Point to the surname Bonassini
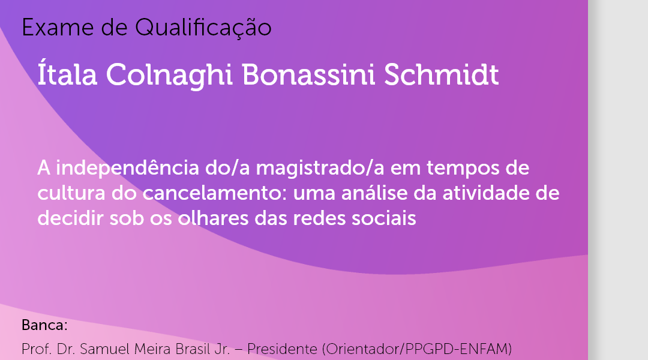click(308, 75)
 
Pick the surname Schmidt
click(442, 75)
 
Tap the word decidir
click(70, 218)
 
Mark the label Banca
click(44, 325)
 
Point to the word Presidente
click(282, 349)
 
